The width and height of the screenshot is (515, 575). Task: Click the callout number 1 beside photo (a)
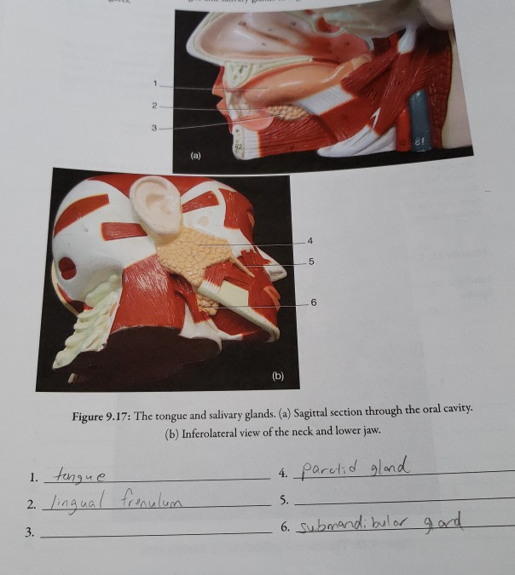coord(156,83)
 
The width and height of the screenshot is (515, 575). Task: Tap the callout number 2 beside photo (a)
coord(154,106)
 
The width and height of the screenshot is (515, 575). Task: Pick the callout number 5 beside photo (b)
coord(312,261)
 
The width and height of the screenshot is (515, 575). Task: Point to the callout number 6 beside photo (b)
coord(314,302)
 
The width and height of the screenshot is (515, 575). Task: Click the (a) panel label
coord(195,157)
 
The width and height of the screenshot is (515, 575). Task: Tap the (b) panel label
coord(278,375)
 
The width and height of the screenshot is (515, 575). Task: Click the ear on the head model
coord(159,204)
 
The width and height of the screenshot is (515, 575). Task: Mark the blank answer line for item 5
coord(401,501)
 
